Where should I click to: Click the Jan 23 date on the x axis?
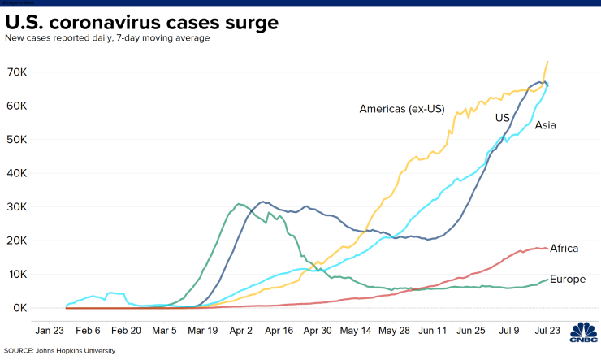point(50,332)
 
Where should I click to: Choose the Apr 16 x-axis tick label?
point(279,332)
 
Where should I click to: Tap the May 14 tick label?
point(356,332)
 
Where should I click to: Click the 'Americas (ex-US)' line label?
point(402,109)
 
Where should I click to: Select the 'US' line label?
point(503,118)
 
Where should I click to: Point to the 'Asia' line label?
point(545,125)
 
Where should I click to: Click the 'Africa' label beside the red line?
point(564,249)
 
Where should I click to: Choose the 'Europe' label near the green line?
point(568,280)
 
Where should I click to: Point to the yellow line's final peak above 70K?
point(547,62)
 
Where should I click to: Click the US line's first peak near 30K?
point(262,202)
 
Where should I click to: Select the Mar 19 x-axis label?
point(203,332)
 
